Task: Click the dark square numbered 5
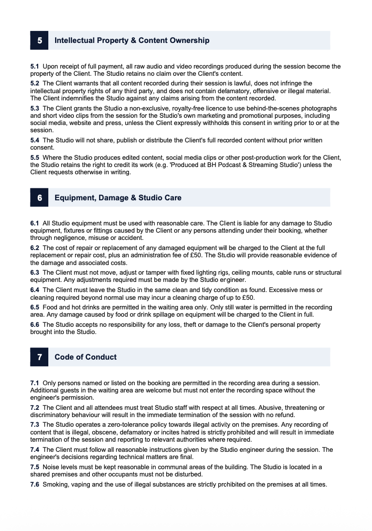coord(39,41)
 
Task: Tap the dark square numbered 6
coord(39,197)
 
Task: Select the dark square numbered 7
coord(39,357)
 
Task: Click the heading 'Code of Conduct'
coord(86,357)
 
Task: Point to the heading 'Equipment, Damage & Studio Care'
coord(118,197)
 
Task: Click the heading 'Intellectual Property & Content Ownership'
coord(132,41)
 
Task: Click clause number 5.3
coord(35,109)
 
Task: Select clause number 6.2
coord(35,248)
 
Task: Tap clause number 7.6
coord(35,484)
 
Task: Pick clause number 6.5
coord(35,307)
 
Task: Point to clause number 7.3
coord(35,425)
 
